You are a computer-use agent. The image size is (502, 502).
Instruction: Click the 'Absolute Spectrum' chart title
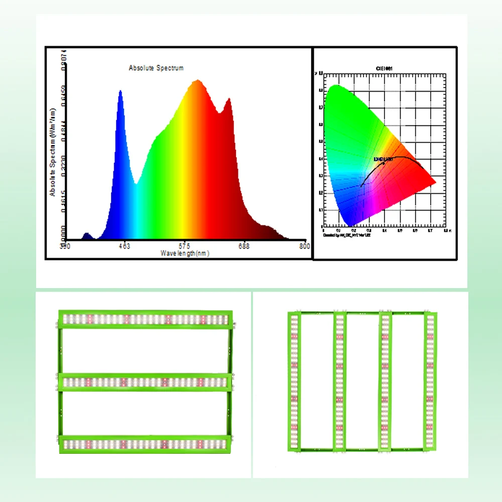[156, 68]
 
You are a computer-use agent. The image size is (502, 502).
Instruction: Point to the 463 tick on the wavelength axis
[124, 246]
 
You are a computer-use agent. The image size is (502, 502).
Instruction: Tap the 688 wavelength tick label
[244, 246]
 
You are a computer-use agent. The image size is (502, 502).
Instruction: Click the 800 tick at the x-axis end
[304, 246]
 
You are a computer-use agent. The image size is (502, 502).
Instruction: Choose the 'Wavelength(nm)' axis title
[185, 253]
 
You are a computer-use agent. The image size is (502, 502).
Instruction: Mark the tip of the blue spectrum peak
[120, 91]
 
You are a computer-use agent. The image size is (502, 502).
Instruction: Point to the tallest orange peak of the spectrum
[197, 80]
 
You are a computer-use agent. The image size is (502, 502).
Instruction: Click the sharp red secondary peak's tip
[229, 99]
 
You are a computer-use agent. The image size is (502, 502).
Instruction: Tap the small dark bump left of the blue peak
[87, 234]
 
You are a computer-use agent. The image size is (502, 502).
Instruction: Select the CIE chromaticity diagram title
[385, 67]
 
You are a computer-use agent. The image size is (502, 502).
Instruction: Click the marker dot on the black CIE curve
[384, 163]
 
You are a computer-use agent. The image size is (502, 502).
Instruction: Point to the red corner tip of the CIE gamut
[435, 182]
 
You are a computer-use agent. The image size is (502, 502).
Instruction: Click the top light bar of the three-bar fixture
[146, 319]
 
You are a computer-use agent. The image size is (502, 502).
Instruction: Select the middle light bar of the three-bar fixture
[146, 382]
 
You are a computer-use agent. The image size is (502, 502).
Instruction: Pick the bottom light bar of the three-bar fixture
[146, 444]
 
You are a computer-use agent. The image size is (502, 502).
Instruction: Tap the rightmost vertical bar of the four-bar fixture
[429, 382]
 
